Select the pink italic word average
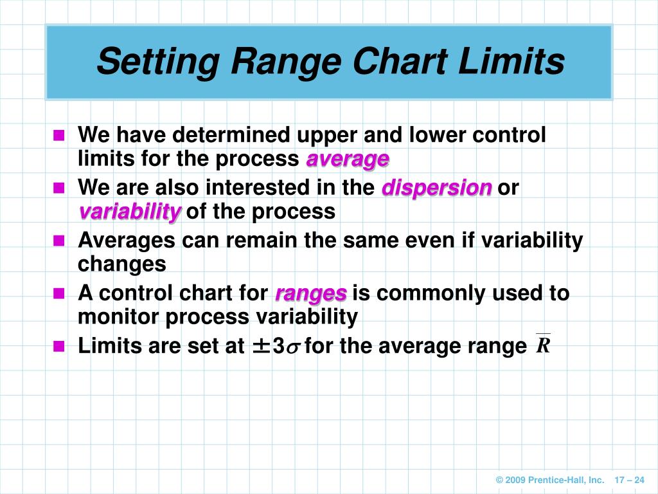pos(348,160)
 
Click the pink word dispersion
pos(437,188)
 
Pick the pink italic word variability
pos(130,212)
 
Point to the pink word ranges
pos(311,294)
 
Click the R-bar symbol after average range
pos(543,345)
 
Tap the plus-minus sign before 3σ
pos(260,347)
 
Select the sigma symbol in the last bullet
pos(294,348)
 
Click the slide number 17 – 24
pos(630,480)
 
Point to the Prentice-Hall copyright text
pos(550,480)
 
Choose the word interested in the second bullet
pos(254,188)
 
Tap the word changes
pos(121,264)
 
